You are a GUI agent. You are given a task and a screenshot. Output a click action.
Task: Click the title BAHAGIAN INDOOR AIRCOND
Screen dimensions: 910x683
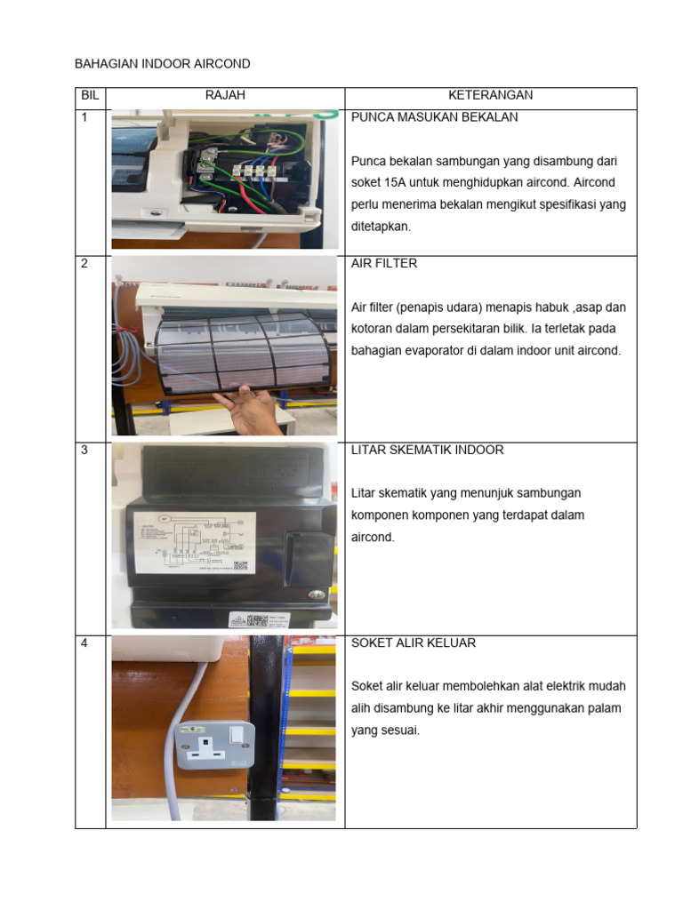pos(163,64)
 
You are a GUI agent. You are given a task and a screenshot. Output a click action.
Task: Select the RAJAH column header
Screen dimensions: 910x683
pos(225,96)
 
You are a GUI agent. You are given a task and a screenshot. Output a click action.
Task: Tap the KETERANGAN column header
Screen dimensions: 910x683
pos(490,96)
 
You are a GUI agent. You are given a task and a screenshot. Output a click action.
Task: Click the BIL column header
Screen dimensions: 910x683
pos(90,96)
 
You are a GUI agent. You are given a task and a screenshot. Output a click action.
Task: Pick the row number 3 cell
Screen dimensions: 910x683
pos(84,451)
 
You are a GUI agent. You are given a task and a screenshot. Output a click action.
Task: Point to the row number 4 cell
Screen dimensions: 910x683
pos(84,643)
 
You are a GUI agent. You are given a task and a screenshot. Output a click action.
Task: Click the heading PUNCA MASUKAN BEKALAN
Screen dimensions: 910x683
pos(435,117)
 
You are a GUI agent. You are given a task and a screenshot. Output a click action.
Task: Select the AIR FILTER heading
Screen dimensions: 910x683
pos(384,264)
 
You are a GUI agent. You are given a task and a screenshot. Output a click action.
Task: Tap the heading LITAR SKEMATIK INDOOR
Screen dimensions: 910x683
pos(428,450)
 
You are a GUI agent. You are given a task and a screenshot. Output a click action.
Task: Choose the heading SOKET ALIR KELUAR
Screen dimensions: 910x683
pos(414,643)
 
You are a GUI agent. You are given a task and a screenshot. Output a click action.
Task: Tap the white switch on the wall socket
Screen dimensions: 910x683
pos(237,734)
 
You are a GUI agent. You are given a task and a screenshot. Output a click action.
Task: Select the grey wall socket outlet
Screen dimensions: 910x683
pos(216,745)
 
